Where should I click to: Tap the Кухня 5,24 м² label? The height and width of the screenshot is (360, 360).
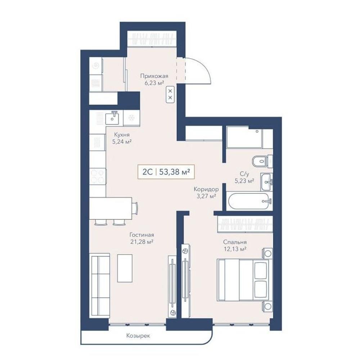(122, 138)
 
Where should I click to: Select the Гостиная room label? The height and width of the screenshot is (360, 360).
(141, 238)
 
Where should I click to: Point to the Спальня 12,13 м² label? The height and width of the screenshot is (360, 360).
(235, 246)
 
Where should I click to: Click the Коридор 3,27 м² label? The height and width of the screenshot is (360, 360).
(206, 193)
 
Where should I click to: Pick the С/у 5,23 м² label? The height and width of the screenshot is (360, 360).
(244, 177)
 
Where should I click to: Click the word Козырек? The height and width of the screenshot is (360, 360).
(138, 336)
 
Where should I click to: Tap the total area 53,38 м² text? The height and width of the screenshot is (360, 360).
(175, 172)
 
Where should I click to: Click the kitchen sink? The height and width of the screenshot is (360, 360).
(113, 118)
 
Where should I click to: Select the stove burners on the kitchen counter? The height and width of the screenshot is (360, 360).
(98, 176)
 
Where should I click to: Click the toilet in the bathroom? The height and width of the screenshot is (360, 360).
(260, 161)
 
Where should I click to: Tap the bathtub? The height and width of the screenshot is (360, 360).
(249, 201)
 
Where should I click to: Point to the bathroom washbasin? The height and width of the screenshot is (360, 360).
(266, 182)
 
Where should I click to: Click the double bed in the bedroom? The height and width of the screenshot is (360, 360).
(243, 280)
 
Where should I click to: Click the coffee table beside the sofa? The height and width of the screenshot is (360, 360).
(125, 268)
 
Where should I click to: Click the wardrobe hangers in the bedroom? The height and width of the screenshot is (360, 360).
(245, 224)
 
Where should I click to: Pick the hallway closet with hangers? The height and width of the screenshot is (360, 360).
(152, 39)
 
